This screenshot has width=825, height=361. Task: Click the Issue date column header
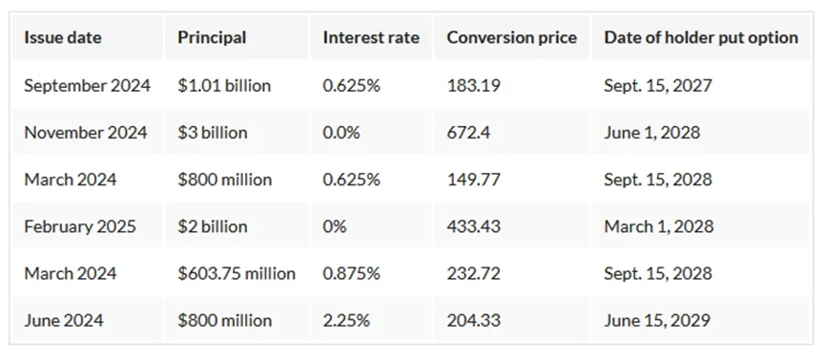[63, 38]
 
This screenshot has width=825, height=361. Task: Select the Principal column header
[212, 38]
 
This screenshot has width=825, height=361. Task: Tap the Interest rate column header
[371, 38]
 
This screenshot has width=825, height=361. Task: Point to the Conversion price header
[511, 38]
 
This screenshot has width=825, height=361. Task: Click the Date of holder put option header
[701, 38]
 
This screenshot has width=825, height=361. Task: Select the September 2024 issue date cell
[88, 85]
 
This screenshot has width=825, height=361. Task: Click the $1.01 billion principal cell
[224, 85]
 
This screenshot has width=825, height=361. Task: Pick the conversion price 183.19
[473, 85]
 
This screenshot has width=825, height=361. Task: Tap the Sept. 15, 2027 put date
[658, 85]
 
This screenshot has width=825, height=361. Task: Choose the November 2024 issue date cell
[86, 133]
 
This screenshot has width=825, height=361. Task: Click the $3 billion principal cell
[212, 133]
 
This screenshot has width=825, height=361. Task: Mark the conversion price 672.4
[468, 133]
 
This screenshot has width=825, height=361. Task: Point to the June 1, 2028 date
[652, 133]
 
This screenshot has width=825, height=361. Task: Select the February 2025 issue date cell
[80, 226]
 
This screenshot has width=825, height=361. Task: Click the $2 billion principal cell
[212, 226]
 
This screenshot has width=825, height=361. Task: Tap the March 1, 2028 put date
[659, 226]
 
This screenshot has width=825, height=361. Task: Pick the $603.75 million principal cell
[237, 273]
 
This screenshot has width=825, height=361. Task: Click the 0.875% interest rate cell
[352, 273]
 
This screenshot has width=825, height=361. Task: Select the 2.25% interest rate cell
[346, 321]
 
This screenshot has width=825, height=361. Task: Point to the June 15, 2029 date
[657, 321]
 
